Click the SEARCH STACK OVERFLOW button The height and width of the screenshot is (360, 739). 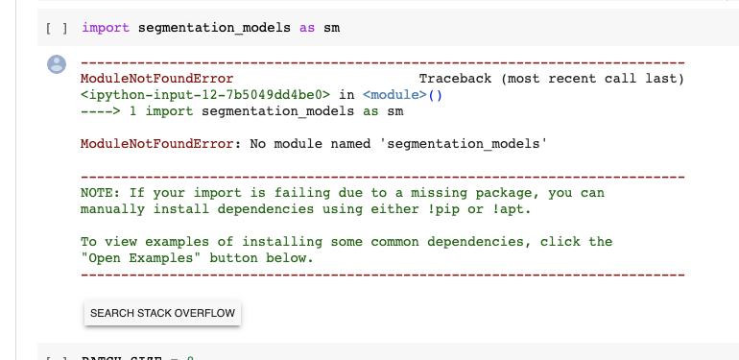[x=162, y=313]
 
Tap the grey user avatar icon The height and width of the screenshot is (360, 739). [x=57, y=64]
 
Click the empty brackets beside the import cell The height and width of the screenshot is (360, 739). [x=57, y=28]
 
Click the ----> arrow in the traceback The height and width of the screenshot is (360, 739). [x=100, y=111]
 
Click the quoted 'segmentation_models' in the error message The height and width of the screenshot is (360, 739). [x=464, y=144]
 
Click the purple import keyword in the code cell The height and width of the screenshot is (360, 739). [x=106, y=28]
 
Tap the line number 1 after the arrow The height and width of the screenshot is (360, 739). [x=132, y=111]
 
